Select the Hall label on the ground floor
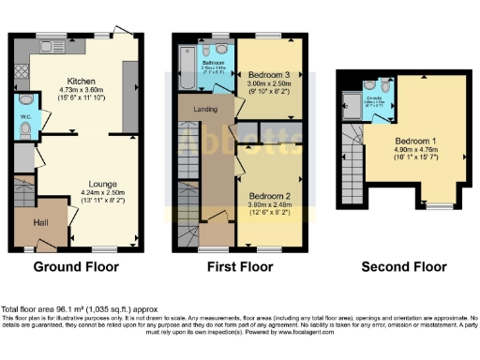pos(41,222)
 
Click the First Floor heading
pos(239,267)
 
